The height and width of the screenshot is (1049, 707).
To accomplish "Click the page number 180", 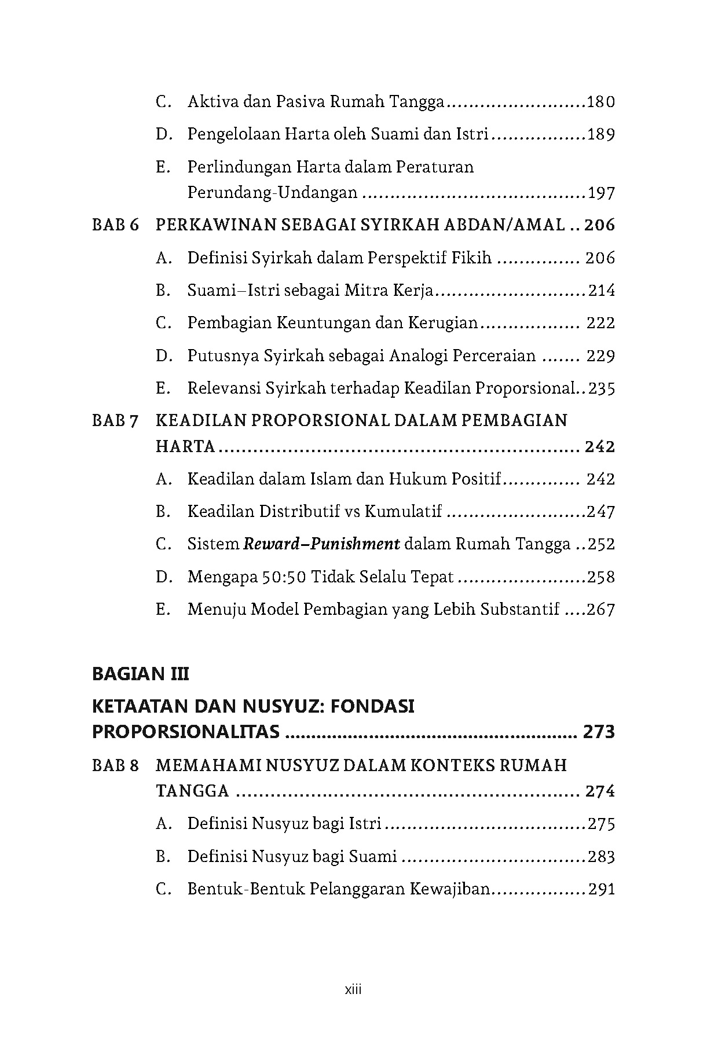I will coord(600,102).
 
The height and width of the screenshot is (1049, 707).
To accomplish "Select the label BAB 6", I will coord(116,225).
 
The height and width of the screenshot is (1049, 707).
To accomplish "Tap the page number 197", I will coord(600,193).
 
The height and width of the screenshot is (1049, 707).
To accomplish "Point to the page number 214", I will coord(602,291).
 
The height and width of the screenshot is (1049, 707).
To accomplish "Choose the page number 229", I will coord(600,355).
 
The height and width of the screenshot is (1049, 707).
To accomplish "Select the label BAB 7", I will coord(116,421).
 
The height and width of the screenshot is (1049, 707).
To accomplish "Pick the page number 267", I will coord(600,610).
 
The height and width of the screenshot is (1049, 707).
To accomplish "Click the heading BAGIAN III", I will coord(140,674).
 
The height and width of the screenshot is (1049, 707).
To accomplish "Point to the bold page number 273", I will coord(599,732).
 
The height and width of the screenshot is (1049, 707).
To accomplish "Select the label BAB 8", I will coord(116,766).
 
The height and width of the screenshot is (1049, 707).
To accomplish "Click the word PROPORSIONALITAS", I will coord(186,732).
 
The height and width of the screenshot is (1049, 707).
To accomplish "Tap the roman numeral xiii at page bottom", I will coord(353,990).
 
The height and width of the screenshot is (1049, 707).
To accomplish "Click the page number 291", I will coord(601,889).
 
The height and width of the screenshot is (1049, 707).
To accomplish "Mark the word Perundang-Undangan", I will coord(272,193).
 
